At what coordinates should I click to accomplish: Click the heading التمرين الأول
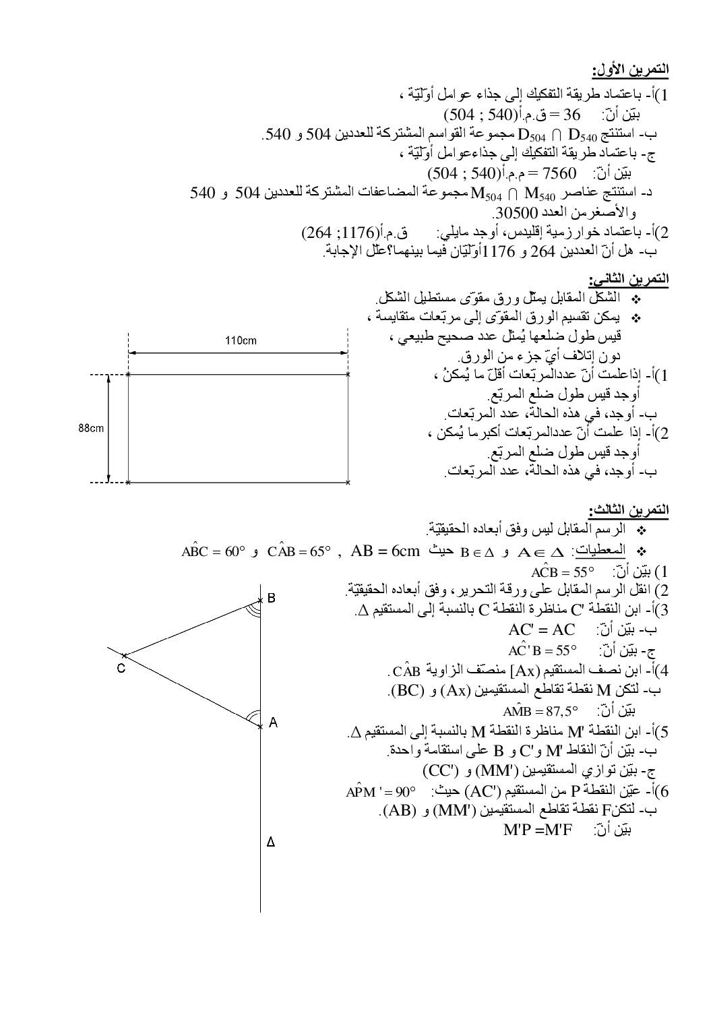[x=629, y=70]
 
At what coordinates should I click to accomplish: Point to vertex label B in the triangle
[x=271, y=598]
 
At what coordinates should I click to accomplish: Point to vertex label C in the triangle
[x=119, y=667]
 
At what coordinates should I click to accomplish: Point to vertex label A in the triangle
[x=273, y=723]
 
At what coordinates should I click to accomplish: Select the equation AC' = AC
[x=542, y=630]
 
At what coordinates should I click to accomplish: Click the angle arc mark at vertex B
[x=254, y=610]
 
